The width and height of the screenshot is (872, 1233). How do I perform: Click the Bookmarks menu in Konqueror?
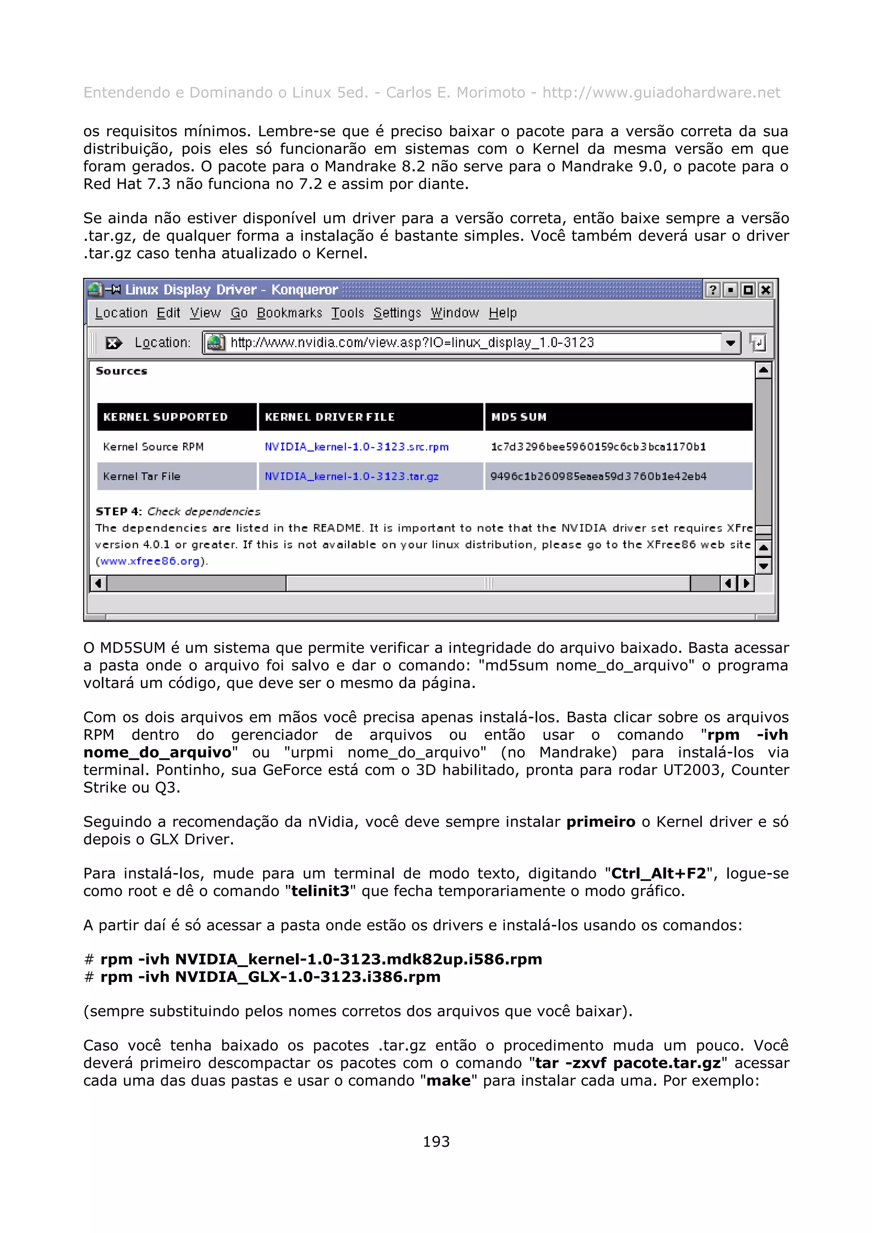point(289,313)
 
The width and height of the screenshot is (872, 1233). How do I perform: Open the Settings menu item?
point(397,313)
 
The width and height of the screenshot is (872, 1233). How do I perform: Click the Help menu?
point(502,313)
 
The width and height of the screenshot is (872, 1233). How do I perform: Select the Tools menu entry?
point(347,313)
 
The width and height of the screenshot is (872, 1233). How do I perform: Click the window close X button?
point(766,290)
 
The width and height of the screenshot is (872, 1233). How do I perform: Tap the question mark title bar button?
point(712,290)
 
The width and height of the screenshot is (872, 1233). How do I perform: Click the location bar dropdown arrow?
point(730,342)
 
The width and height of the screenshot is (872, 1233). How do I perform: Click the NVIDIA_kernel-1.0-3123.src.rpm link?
point(356,447)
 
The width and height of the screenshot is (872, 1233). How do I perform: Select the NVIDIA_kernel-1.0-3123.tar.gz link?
point(351,477)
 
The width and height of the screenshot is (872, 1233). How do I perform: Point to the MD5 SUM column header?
point(519,417)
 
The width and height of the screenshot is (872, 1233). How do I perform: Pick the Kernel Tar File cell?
point(141,477)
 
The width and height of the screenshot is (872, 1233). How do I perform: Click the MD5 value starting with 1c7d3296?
point(597,447)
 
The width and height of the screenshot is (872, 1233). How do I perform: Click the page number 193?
point(436,1141)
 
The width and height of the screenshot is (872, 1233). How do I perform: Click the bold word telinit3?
point(320,891)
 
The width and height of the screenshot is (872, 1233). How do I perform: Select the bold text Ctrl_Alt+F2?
point(658,873)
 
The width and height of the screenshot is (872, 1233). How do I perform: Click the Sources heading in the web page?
point(121,371)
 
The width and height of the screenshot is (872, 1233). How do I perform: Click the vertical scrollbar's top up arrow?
point(763,370)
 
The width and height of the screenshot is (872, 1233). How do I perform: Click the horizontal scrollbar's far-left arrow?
point(98,583)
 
